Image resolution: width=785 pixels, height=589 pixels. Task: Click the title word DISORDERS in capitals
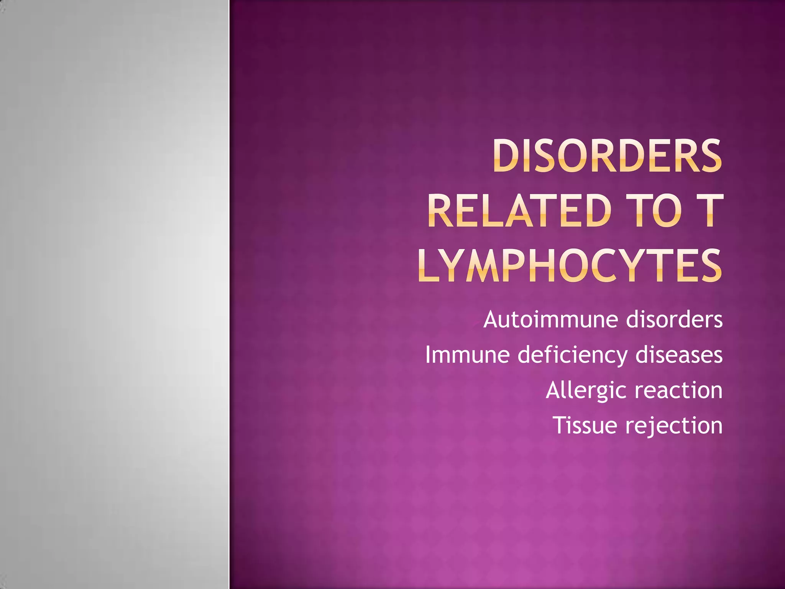[607, 156]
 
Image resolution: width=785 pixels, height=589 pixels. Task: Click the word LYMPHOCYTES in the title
[570, 265]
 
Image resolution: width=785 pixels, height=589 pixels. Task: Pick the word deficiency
[572, 355]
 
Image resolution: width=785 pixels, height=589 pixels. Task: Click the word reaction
[678, 390]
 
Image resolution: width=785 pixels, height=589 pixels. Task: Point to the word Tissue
[585, 425]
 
